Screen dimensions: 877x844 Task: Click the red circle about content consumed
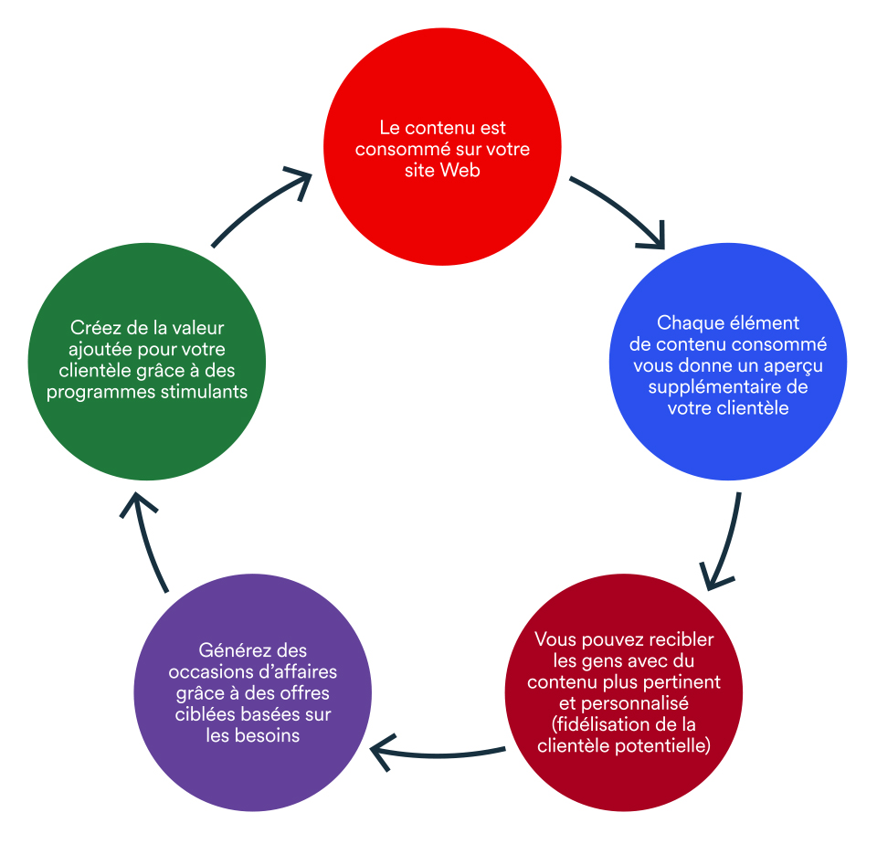442,146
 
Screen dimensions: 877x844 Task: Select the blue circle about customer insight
728,362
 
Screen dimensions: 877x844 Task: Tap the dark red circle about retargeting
624,692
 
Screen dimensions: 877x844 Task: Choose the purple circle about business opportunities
253,692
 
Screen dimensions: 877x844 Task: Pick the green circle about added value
146,362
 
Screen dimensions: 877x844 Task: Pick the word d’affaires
296,671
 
